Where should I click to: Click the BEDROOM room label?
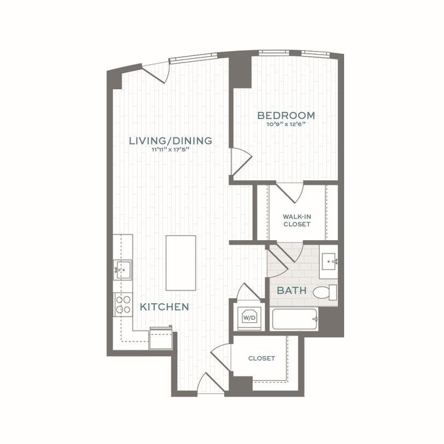coord(286,115)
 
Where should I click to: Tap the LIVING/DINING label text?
coord(170,140)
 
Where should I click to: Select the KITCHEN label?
coord(164,307)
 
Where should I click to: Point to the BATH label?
coord(292,291)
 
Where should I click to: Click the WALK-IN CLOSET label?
coord(297,220)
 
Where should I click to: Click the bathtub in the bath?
coord(295,319)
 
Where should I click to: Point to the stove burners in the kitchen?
coord(122,305)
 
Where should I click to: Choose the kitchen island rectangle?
coord(181,262)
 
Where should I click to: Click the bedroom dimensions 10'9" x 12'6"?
coord(286,125)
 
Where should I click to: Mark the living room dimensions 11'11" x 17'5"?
coord(170,150)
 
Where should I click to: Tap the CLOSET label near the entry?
coord(262,358)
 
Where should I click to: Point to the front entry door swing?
coord(210,384)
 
